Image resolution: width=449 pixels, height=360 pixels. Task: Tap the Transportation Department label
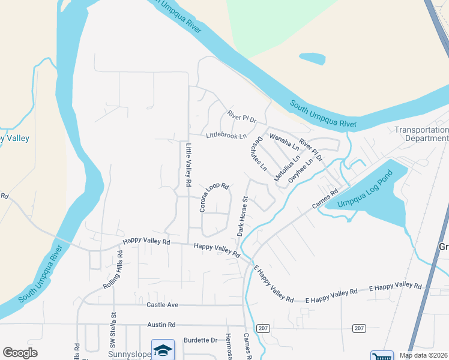pyautogui.click(x=421, y=134)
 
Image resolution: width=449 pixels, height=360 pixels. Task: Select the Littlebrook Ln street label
pyautogui.click(x=226, y=136)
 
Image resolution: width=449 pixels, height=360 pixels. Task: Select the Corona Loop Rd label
pyautogui.click(x=214, y=197)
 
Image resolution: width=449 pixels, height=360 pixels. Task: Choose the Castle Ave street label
pyautogui.click(x=163, y=305)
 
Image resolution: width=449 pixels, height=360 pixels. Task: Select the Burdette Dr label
pyautogui.click(x=200, y=340)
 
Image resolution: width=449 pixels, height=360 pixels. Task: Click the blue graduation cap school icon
pyautogui.click(x=162, y=349)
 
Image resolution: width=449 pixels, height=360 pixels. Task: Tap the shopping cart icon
pyautogui.click(x=381, y=356)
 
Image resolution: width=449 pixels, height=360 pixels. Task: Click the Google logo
pyautogui.click(x=20, y=353)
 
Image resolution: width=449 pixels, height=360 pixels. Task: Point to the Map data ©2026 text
pyautogui.click(x=423, y=355)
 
